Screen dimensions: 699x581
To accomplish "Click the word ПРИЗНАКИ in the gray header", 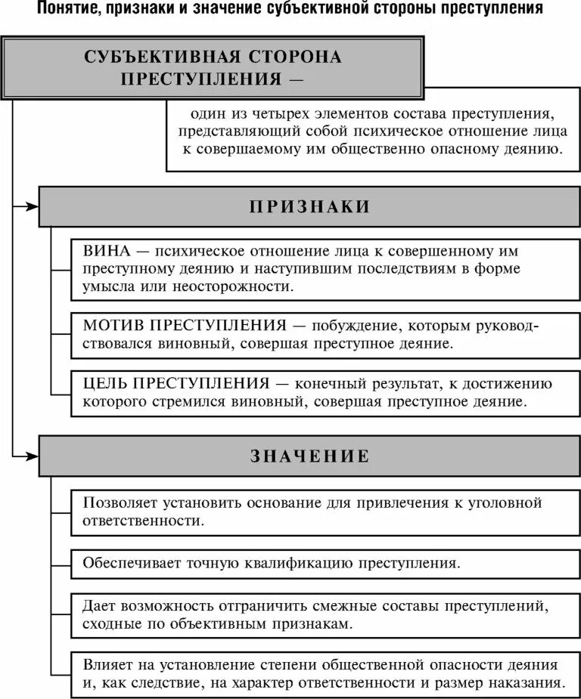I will pyautogui.click(x=309, y=207).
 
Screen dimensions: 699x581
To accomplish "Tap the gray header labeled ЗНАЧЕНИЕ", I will pyautogui.click(x=309, y=456).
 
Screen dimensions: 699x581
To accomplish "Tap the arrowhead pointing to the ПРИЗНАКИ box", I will pyautogui.click(x=31, y=206).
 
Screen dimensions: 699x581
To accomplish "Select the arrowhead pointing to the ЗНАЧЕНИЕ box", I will pyautogui.click(x=31, y=455).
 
